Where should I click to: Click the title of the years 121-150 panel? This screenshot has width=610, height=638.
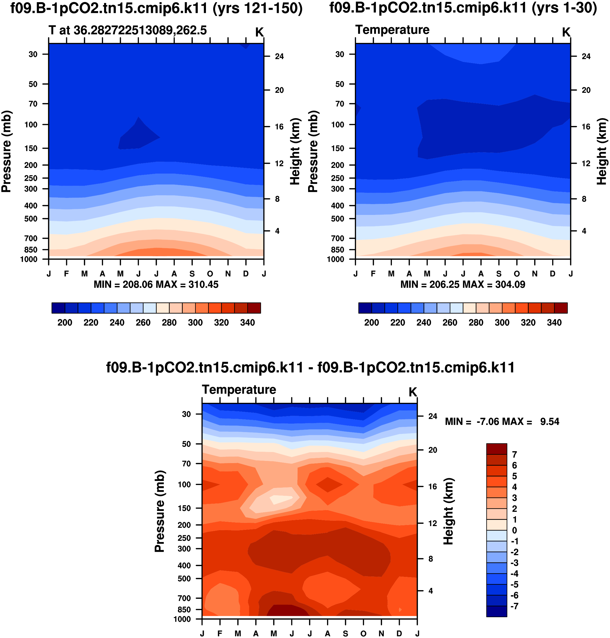(156, 8)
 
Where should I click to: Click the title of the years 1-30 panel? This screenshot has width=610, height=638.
(463, 8)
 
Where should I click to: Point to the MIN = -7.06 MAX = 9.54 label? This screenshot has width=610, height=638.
(502, 422)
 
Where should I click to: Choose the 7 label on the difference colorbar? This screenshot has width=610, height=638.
(514, 455)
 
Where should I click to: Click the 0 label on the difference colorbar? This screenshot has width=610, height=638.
(514, 530)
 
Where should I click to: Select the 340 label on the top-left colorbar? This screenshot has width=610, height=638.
(248, 323)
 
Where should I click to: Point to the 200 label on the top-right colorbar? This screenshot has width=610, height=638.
(371, 323)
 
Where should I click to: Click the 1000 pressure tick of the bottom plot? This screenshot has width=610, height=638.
(182, 619)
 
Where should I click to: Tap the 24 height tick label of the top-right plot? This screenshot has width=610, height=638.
(586, 56)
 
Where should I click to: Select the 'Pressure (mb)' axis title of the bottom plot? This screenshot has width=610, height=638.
(160, 511)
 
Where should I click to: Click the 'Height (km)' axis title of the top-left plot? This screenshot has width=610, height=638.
(295, 152)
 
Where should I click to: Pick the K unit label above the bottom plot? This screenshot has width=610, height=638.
(413, 392)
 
